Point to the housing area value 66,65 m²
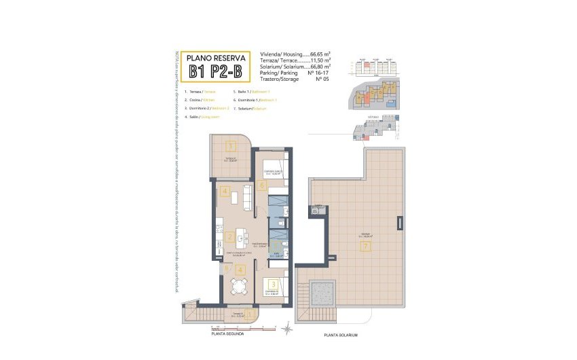tap(318, 54)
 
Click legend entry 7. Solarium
tap(250, 109)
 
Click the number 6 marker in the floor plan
tap(262, 185)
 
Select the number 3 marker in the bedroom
tap(272, 285)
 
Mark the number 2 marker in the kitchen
tap(231, 237)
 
